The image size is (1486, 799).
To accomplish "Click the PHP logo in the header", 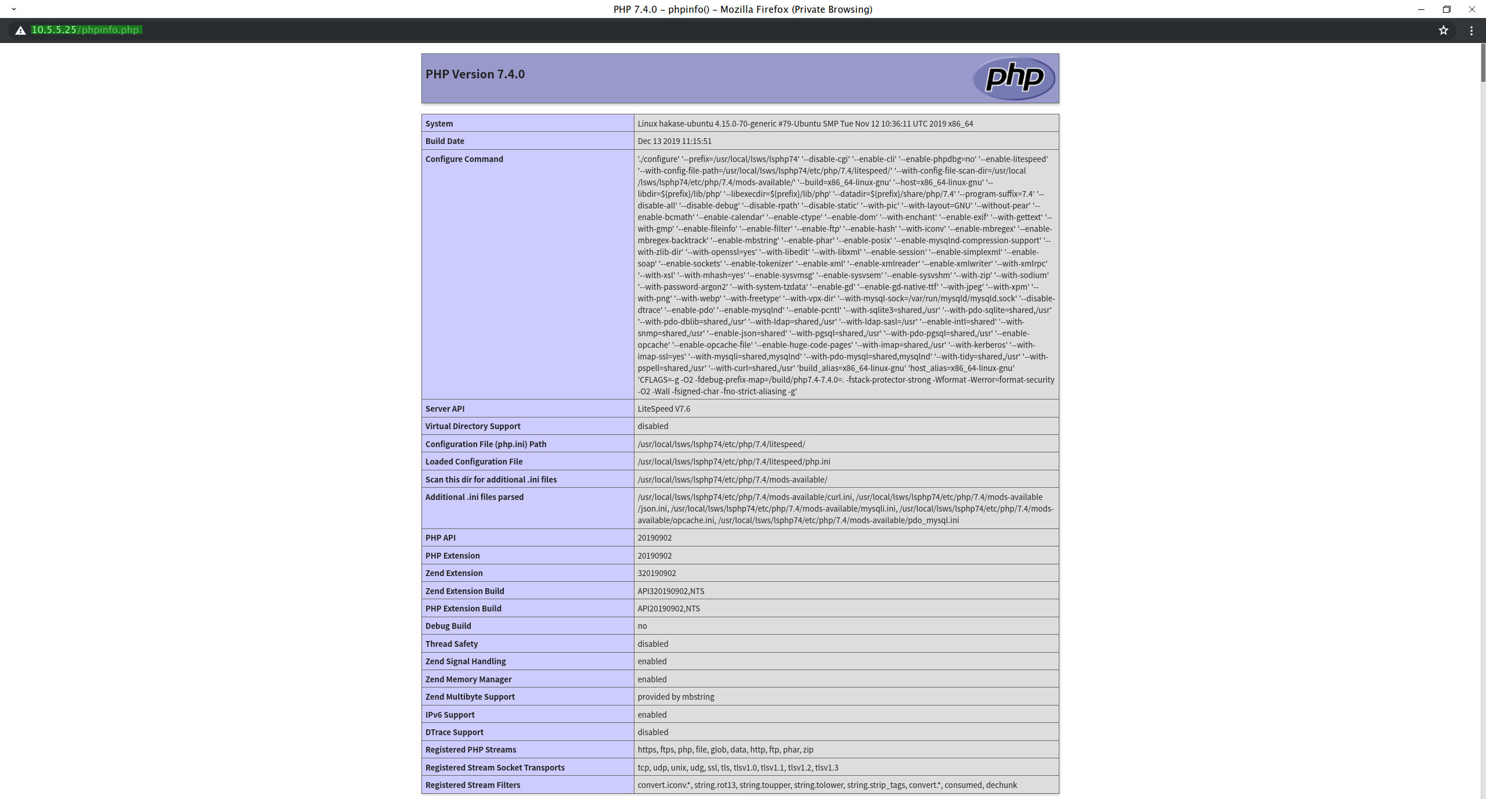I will (x=1013, y=78).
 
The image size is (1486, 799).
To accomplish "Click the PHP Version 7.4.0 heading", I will (x=475, y=74).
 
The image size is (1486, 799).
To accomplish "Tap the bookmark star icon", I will (x=1444, y=30).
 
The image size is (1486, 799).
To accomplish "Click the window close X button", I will (x=1472, y=9).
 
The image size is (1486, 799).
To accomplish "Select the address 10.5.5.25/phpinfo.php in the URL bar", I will (x=85, y=30).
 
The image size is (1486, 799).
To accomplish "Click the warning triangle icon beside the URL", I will (x=20, y=31).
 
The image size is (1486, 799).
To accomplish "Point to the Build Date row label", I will (x=445, y=141).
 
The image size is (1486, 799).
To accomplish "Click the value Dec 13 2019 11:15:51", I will (x=675, y=141).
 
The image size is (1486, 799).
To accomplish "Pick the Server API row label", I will (x=445, y=409).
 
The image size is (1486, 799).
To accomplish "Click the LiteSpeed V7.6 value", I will (x=664, y=409).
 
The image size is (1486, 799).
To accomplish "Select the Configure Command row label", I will (x=464, y=159).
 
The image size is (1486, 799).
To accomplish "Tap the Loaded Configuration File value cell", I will (x=734, y=462).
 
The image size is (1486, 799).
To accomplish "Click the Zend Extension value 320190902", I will (x=657, y=573).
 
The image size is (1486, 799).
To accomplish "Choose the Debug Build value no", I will (x=642, y=626).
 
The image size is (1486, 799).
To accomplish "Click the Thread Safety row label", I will (x=452, y=644).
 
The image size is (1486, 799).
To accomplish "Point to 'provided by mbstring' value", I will (x=676, y=697).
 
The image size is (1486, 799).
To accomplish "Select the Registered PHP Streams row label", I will (x=471, y=750).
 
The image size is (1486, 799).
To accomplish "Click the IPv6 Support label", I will (x=450, y=715).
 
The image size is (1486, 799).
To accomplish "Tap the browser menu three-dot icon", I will (x=1471, y=31).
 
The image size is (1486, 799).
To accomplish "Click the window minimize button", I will (x=1421, y=9).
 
